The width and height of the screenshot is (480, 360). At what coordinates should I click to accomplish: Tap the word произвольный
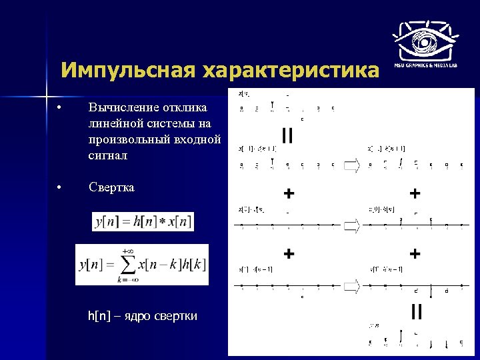(x=131, y=139)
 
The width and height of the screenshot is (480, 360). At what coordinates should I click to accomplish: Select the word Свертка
(x=111, y=187)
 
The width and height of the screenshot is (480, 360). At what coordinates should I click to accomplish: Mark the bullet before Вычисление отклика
(x=59, y=108)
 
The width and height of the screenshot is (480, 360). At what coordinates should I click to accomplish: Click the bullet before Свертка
(x=59, y=187)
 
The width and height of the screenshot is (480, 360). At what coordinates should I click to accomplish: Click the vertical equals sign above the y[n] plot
(x=416, y=311)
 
